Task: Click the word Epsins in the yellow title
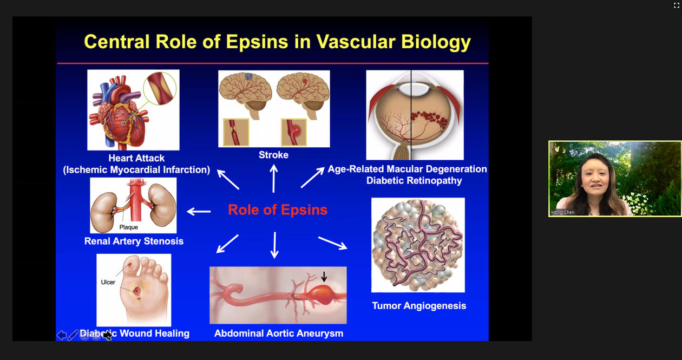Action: click(257, 42)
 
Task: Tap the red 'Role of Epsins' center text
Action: click(278, 210)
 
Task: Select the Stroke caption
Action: click(273, 155)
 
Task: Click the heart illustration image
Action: click(133, 110)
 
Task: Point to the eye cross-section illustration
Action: click(415, 115)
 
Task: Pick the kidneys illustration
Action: click(133, 206)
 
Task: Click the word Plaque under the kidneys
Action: click(128, 227)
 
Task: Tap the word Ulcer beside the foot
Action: click(108, 283)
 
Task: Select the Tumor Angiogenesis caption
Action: click(419, 306)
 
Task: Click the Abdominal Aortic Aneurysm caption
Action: click(279, 333)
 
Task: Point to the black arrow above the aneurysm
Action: click(324, 277)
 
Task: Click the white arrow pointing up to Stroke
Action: click(274, 179)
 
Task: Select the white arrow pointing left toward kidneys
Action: click(199, 211)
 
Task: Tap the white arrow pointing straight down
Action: click(274, 245)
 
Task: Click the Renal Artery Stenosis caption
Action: click(134, 241)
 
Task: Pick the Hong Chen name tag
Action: click(563, 212)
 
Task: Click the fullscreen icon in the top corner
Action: click(677, 5)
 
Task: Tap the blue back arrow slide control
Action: click(62, 335)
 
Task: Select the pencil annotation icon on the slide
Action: click(73, 335)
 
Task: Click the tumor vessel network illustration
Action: click(418, 245)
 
